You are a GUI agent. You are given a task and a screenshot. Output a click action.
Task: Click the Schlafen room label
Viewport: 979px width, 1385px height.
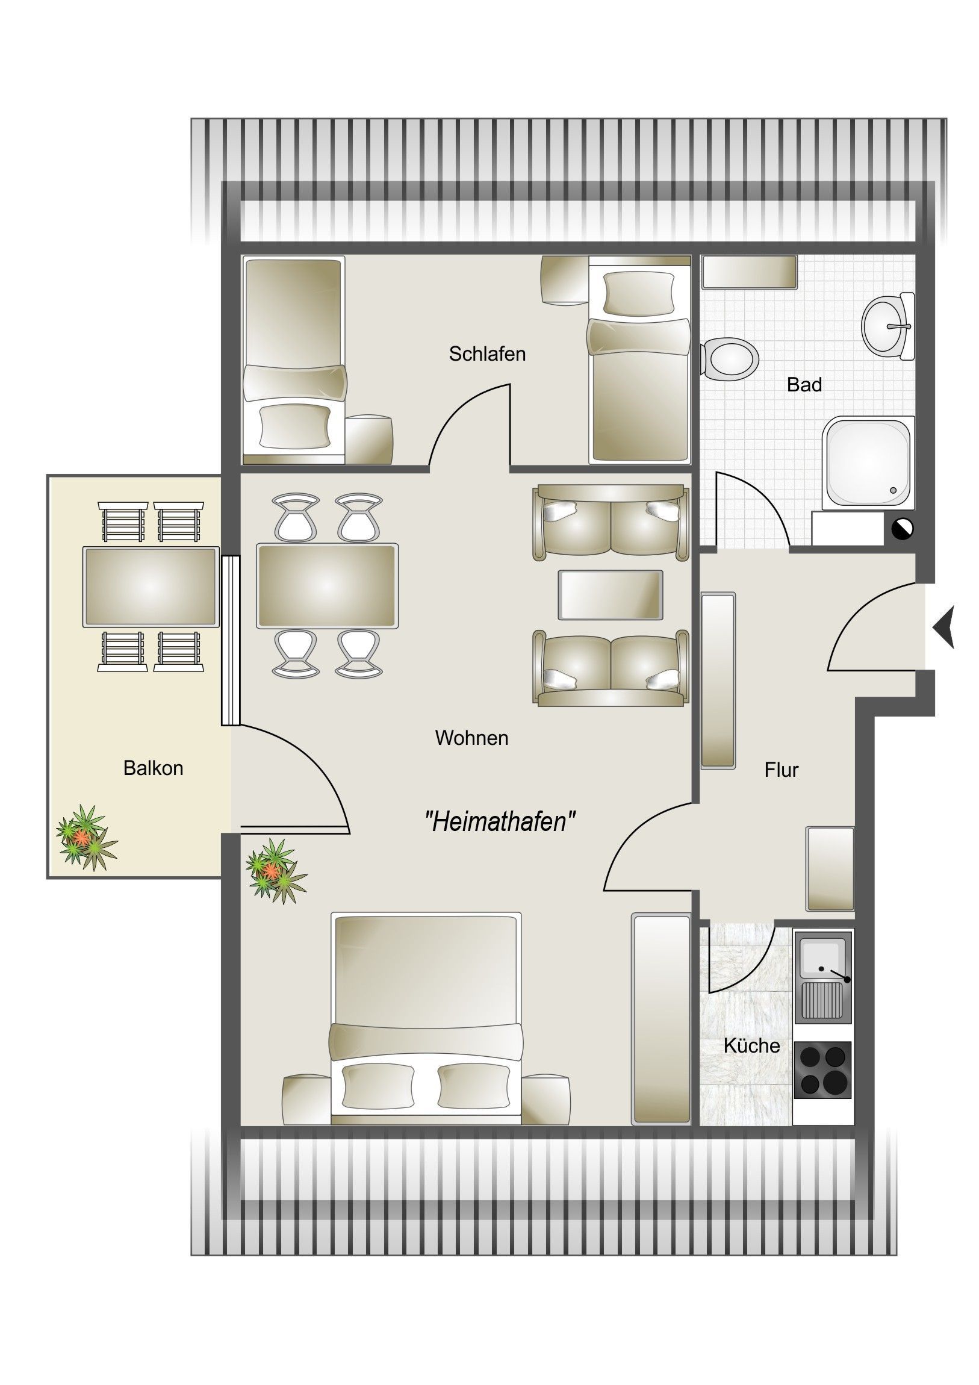tap(486, 354)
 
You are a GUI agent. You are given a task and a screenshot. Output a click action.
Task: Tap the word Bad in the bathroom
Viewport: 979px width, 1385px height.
tap(804, 385)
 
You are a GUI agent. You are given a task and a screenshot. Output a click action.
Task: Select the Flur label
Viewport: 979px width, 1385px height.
tap(781, 770)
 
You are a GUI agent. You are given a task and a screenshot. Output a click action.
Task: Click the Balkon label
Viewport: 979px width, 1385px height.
tap(153, 768)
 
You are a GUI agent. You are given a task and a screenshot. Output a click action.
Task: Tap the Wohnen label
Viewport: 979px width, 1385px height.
tap(471, 738)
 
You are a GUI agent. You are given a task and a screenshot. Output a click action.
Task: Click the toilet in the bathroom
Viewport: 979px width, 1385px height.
tap(730, 359)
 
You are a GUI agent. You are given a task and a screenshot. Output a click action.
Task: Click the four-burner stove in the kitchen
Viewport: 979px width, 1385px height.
tap(823, 1069)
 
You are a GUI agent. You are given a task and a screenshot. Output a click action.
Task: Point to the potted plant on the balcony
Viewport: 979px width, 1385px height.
tap(86, 837)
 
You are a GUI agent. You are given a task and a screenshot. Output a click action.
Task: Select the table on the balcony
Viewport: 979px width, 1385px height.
tap(151, 587)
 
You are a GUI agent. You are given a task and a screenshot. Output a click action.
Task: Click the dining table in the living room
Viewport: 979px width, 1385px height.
tap(327, 586)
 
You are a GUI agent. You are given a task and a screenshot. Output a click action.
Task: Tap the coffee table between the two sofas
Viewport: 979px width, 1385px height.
tap(611, 595)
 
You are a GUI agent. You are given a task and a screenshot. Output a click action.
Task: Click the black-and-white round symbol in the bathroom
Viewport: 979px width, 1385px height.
tap(903, 529)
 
